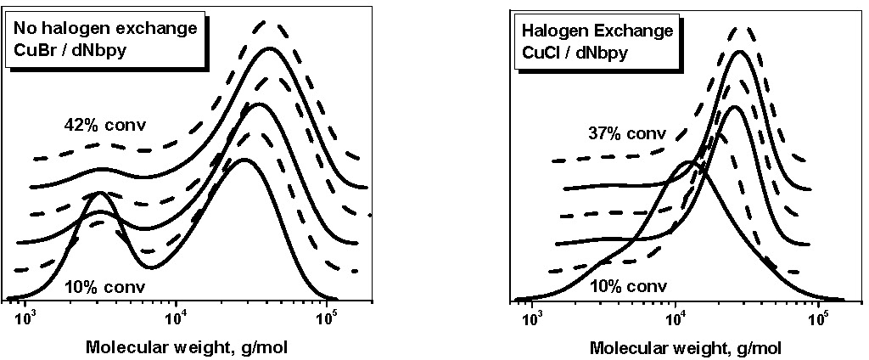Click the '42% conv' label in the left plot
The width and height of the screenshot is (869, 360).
(105, 126)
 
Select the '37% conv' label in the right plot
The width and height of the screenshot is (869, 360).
(626, 133)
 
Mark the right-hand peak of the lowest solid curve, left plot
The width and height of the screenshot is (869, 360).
(244, 160)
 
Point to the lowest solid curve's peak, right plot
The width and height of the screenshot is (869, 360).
(691, 161)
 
